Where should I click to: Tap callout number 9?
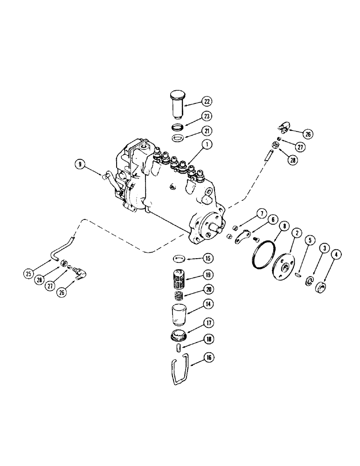pyautogui.click(x=80, y=164)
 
